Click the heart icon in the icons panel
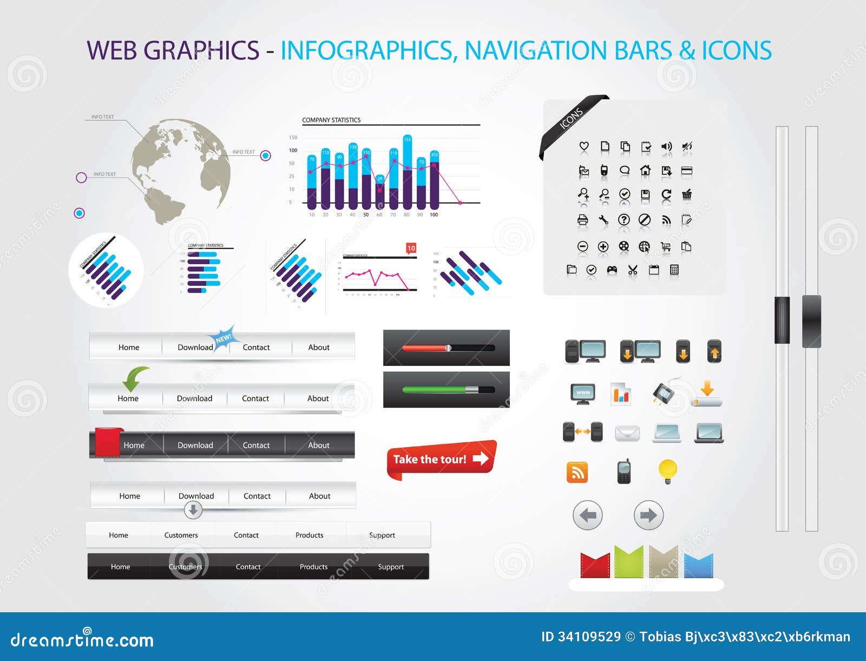pyautogui.click(x=583, y=146)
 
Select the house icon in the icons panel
pyautogui.click(x=645, y=171)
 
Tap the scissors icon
pyautogui.click(x=633, y=270)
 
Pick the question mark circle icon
pyautogui.click(x=624, y=219)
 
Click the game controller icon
pyautogui.click(x=612, y=270)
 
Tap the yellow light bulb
pyautogui.click(x=667, y=470)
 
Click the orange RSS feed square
pyautogui.click(x=577, y=473)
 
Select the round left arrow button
pyautogui.click(x=587, y=515)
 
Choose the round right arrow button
pyautogui.click(x=648, y=515)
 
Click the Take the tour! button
pyautogui.click(x=440, y=459)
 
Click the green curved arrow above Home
pyautogui.click(x=133, y=377)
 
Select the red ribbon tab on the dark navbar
pyautogui.click(x=107, y=442)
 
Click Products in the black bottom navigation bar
pyautogui.click(x=313, y=567)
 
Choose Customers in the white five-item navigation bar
pyautogui.click(x=181, y=535)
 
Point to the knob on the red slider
pyautogui.click(x=448, y=348)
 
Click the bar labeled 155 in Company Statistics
pyautogui.click(x=408, y=172)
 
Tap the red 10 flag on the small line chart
pyautogui.click(x=411, y=248)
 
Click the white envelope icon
pyautogui.click(x=627, y=433)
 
